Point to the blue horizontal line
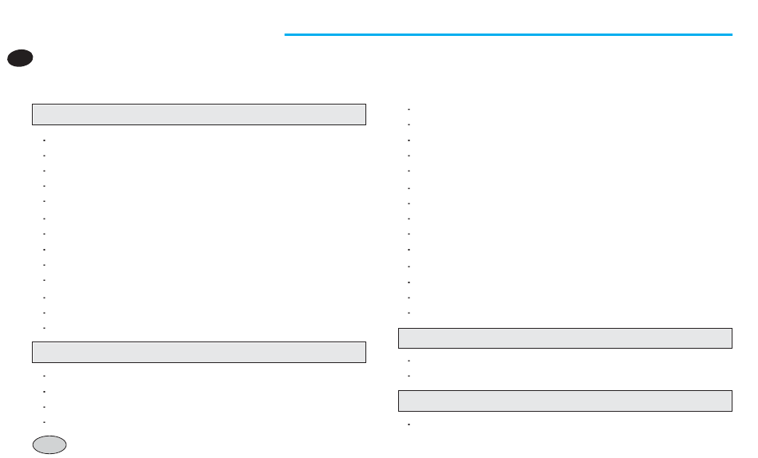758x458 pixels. click(507, 34)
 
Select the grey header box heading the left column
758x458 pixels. click(199, 114)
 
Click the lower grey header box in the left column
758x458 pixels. click(199, 352)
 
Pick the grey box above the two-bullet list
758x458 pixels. click(565, 338)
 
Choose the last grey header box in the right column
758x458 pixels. click(565, 401)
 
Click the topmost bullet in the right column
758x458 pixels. click(408, 109)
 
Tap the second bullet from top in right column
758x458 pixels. click(408, 124)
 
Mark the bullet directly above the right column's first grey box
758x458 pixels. click(408, 313)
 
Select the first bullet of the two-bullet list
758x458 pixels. click(408, 361)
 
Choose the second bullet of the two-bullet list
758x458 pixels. click(408, 376)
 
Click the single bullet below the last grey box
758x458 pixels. click(408, 424)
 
